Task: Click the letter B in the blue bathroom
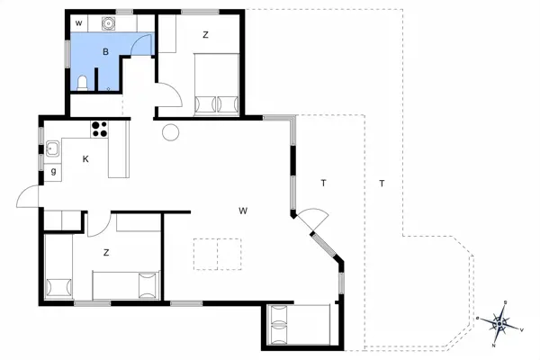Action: (105, 53)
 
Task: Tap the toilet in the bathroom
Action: (83, 84)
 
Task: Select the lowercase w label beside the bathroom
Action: (78, 22)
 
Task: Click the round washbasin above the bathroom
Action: (109, 22)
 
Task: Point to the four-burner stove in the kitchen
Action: (100, 129)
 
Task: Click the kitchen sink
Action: (53, 148)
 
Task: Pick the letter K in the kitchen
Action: (85, 159)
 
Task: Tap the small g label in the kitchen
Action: (54, 171)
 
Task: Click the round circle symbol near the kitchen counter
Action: (170, 133)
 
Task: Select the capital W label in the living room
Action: (243, 211)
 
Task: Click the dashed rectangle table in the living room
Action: (218, 253)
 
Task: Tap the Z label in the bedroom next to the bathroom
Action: (205, 35)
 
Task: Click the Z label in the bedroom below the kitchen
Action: (106, 253)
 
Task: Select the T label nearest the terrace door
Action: (323, 184)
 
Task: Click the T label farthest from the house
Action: (382, 184)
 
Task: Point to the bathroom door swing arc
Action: (140, 45)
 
